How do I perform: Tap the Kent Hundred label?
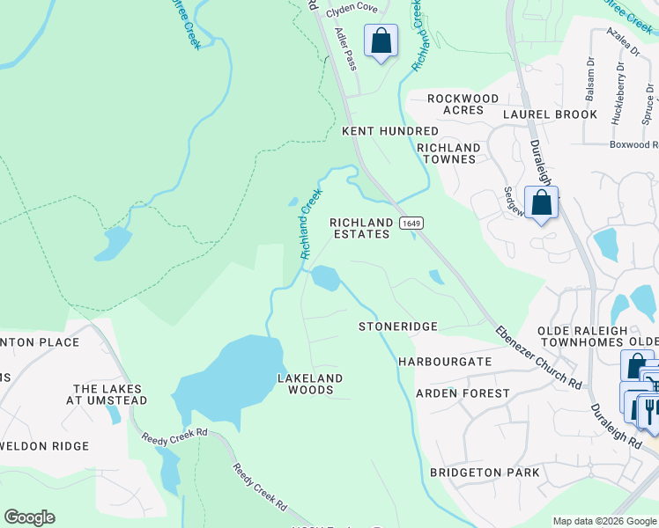tap(390, 131)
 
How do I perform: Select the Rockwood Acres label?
tap(463, 104)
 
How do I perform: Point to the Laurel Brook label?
tap(551, 114)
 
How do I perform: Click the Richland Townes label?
tap(448, 153)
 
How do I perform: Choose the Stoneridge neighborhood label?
tap(398, 326)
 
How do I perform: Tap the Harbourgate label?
tap(445, 362)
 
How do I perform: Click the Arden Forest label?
tap(463, 393)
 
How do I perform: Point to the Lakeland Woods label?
tap(310, 384)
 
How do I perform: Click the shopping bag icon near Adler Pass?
tap(381, 40)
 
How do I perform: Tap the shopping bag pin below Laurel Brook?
tap(541, 202)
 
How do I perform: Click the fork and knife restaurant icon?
tap(648, 410)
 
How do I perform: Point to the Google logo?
tap(29, 517)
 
